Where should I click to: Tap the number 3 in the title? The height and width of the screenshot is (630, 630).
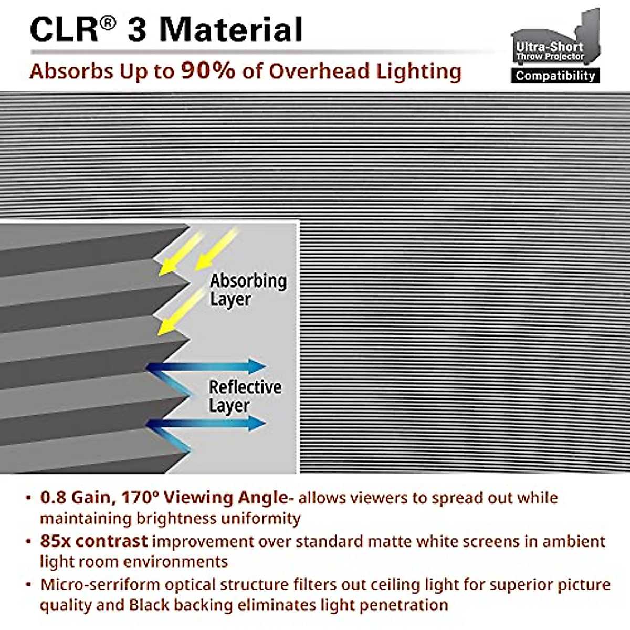[137, 29]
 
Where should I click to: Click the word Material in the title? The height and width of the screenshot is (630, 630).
[231, 29]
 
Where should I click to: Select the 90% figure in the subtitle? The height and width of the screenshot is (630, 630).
[208, 70]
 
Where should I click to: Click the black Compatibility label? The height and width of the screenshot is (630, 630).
[555, 76]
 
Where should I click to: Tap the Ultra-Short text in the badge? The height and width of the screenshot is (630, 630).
[550, 46]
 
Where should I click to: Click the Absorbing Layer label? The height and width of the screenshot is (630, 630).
[248, 290]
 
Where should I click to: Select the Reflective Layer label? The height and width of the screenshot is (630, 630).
[245, 396]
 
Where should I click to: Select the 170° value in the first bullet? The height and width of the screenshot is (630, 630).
[142, 497]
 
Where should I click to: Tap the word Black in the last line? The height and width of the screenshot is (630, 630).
[149, 605]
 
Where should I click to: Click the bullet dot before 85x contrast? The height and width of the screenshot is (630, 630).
[28, 541]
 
